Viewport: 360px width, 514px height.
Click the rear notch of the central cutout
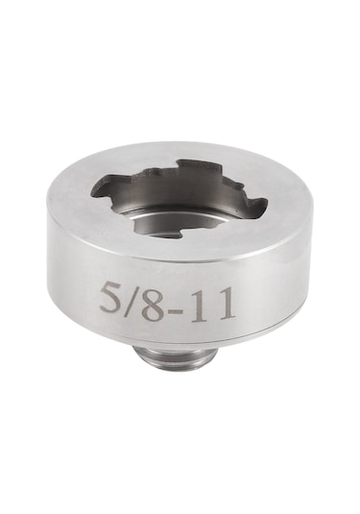[x=188, y=164]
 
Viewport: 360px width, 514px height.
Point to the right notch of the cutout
[x=252, y=205]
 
